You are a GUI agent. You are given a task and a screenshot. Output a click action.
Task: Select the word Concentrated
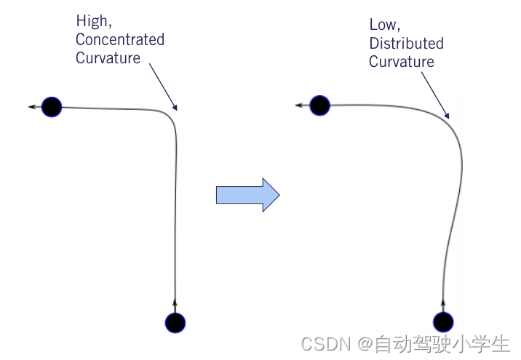(120, 39)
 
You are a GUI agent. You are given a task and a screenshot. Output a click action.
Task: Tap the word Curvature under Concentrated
(108, 58)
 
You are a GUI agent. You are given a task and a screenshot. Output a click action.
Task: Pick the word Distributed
(406, 44)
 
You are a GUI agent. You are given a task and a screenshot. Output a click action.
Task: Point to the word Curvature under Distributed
(401, 62)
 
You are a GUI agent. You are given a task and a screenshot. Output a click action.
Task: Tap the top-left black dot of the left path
(52, 108)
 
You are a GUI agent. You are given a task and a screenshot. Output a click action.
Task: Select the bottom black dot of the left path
(175, 321)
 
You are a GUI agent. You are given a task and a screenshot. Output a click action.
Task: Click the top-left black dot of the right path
(319, 105)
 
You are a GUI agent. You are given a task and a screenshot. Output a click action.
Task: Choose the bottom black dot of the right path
(443, 321)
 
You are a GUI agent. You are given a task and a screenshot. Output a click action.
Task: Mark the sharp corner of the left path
(172, 114)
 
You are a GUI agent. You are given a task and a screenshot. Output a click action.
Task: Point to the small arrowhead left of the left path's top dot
(33, 108)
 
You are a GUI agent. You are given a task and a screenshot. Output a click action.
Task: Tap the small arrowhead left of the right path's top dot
(300, 105)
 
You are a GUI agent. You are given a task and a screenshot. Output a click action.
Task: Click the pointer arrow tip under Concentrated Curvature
(175, 110)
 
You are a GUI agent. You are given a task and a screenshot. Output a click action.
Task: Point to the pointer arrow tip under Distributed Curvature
(449, 117)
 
